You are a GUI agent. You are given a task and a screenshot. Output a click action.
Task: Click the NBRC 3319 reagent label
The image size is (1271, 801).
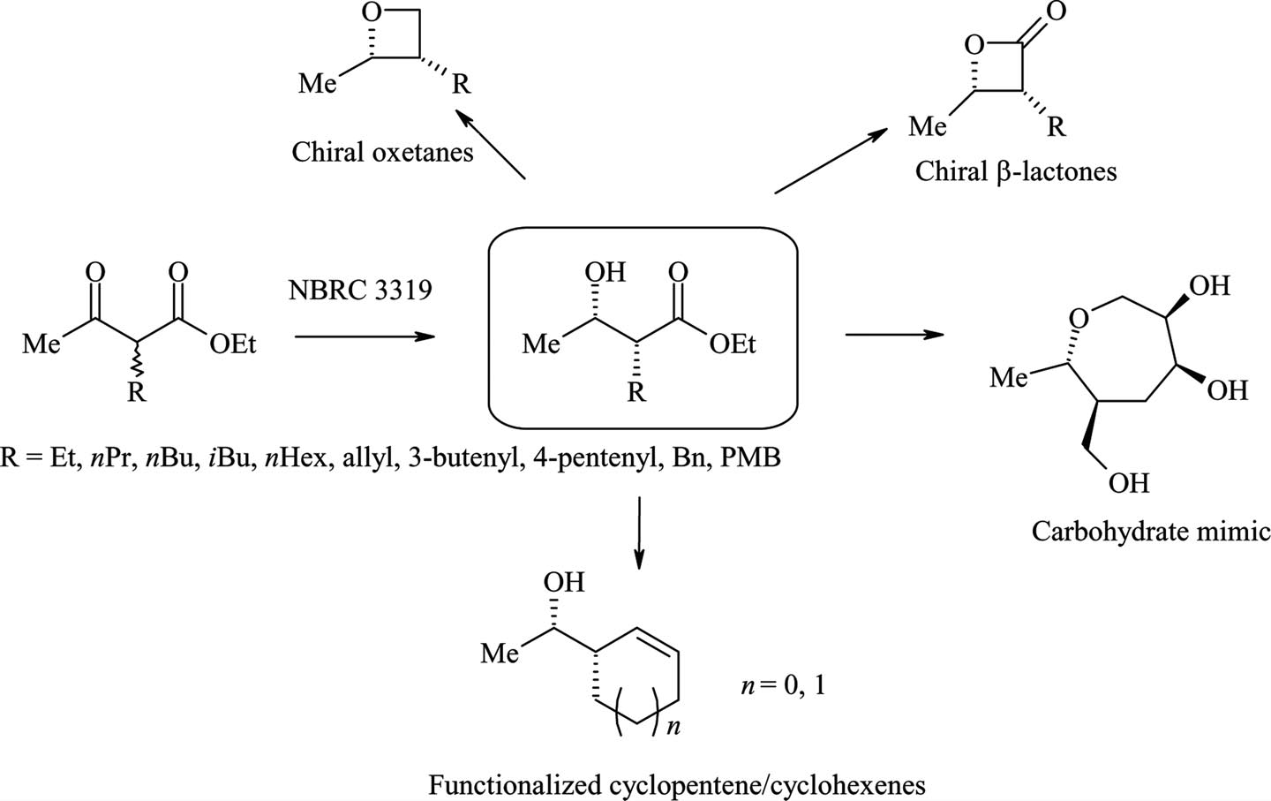pyautogui.click(x=360, y=290)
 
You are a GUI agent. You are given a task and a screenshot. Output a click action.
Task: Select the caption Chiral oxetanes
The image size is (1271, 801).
pyautogui.click(x=382, y=152)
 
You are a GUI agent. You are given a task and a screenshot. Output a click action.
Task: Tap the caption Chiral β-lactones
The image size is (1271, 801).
pyautogui.click(x=1016, y=170)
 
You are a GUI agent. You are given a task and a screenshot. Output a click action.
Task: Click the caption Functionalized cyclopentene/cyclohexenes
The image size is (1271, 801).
pyautogui.click(x=677, y=784)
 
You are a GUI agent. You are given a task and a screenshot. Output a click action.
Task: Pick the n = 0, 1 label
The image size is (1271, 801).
pyautogui.click(x=782, y=685)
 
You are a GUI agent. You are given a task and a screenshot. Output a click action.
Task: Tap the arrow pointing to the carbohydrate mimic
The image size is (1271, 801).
pyautogui.click(x=893, y=334)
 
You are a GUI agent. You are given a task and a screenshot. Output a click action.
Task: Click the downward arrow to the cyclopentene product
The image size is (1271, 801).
pyautogui.click(x=639, y=533)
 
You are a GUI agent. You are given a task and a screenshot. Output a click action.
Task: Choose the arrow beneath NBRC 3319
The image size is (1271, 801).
pyautogui.click(x=365, y=336)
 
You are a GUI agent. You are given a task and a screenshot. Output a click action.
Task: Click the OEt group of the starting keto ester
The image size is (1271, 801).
pyautogui.click(x=233, y=344)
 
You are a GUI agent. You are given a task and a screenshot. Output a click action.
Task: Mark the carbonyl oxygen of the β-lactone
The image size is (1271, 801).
pyautogui.click(x=1055, y=11)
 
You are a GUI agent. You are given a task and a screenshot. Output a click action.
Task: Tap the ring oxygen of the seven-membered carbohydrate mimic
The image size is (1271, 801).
pyautogui.click(x=1078, y=316)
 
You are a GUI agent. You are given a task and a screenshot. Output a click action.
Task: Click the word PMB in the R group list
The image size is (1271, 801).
pyautogui.click(x=750, y=458)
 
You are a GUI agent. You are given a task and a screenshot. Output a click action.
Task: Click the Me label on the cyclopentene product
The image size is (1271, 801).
pyautogui.click(x=500, y=654)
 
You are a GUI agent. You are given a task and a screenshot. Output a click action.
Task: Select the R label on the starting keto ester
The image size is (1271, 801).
pyautogui.click(x=136, y=392)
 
